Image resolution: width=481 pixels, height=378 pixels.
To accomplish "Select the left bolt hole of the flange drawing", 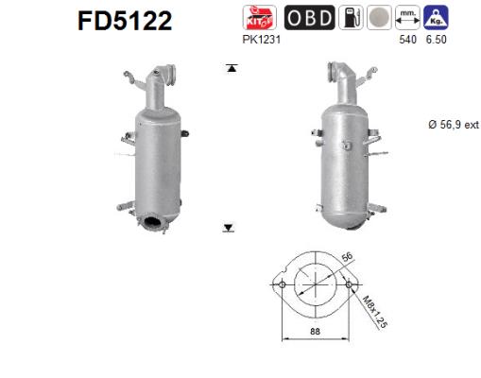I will click(x=281, y=283).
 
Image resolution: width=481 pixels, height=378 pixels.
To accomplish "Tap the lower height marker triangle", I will click(x=229, y=227).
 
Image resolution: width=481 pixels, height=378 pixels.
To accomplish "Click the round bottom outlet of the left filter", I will click(x=152, y=223).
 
